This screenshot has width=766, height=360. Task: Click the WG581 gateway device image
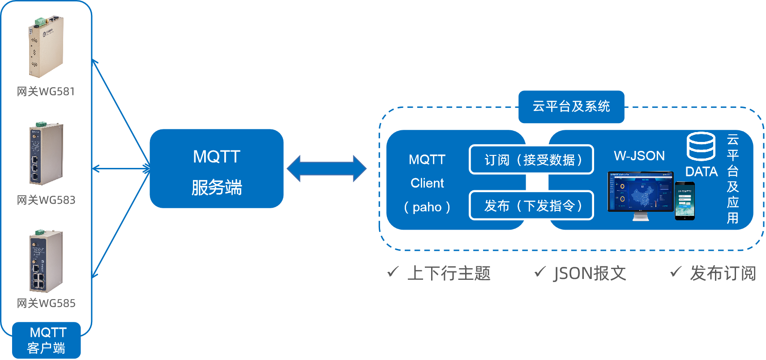point(46,47)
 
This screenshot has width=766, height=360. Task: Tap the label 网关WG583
point(46,200)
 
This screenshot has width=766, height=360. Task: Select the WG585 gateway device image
point(46,261)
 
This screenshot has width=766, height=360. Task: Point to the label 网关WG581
point(46,91)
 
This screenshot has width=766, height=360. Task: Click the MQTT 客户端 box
point(47,340)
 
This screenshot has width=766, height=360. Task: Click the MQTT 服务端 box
point(217,169)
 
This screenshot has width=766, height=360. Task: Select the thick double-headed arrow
point(326,169)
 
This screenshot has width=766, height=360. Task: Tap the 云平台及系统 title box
point(571,107)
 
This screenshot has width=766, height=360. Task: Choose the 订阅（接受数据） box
point(531,159)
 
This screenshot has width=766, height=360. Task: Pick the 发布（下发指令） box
point(531,206)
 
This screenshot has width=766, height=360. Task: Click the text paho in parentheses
point(427,207)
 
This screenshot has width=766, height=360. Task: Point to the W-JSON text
point(639,156)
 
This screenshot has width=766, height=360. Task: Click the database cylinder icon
point(701,146)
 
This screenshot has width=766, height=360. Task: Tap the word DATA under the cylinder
point(702,171)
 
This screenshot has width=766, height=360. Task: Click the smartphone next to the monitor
point(685,201)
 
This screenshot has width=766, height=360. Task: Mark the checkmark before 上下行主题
point(393,271)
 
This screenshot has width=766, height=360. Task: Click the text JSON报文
point(590,273)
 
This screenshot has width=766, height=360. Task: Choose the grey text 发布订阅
point(723,273)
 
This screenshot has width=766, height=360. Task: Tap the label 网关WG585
point(46,303)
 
